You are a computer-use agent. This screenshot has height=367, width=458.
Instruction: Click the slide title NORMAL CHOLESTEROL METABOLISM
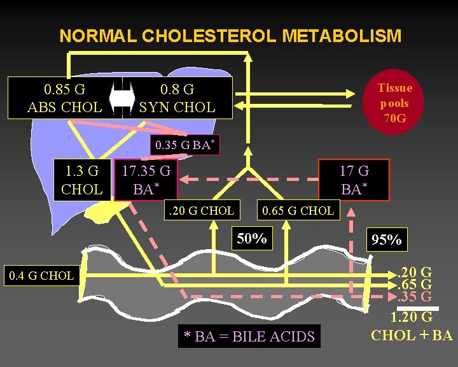pyautogui.click(x=230, y=36)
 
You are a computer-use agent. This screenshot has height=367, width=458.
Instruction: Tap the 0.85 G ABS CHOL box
pyautogui.click(x=64, y=98)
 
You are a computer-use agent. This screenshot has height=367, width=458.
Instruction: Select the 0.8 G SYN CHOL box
pyautogui.click(x=177, y=98)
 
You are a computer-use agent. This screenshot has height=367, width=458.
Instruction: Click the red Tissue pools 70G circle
pyautogui.click(x=394, y=103)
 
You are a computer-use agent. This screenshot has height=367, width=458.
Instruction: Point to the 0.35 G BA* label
pyautogui.click(x=184, y=145)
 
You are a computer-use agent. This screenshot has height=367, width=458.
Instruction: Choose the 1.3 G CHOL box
pyautogui.click(x=81, y=180)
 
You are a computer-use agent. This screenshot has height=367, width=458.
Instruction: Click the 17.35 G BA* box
pyautogui.click(x=146, y=180)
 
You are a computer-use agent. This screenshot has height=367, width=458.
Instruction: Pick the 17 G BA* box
pyautogui.click(x=354, y=180)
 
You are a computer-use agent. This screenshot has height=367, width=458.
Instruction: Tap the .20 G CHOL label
pyautogui.click(x=200, y=210)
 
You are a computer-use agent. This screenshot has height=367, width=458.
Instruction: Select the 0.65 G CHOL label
pyautogui.click(x=298, y=210)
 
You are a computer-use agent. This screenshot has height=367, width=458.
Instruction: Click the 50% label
pyautogui.click(x=251, y=239)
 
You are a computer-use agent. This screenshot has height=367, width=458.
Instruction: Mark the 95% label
pyautogui.click(x=386, y=240)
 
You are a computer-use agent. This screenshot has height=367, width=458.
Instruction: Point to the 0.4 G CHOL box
pyautogui.click(x=41, y=276)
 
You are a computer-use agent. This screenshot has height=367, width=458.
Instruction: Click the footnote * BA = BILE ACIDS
pyautogui.click(x=249, y=336)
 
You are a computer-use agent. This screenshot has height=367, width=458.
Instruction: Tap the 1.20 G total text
pyautogui.click(x=411, y=317)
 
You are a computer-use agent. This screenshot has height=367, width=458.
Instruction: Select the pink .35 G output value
pyautogui.click(x=415, y=296)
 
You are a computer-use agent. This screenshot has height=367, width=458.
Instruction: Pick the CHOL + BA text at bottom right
pyautogui.click(x=411, y=335)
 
